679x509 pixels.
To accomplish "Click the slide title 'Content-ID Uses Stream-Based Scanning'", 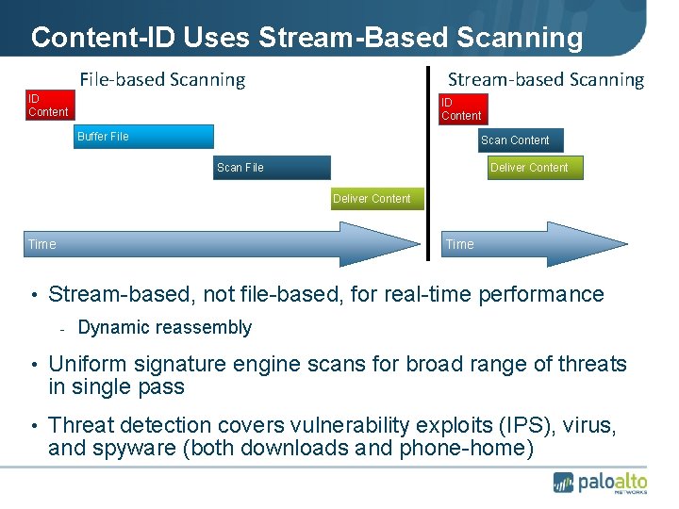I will click(x=306, y=37).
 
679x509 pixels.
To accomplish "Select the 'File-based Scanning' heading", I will click(x=162, y=80).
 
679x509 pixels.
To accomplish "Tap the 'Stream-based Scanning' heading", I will click(x=545, y=80).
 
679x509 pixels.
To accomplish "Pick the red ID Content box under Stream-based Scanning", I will click(x=462, y=108).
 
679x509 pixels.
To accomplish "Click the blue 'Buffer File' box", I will click(x=145, y=137).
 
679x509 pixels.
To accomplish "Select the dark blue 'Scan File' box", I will click(x=273, y=167).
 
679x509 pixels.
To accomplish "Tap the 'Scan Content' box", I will click(x=520, y=140).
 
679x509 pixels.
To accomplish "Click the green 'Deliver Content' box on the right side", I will click(x=535, y=168).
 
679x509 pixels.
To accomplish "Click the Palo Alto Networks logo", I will click(x=600, y=482).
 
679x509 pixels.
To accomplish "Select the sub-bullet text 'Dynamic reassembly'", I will click(x=164, y=328).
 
